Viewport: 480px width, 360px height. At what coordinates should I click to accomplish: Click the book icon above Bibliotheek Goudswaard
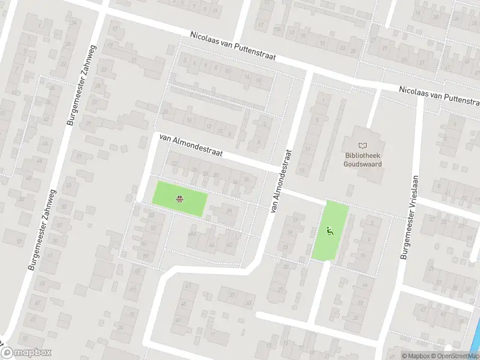(x=362, y=145)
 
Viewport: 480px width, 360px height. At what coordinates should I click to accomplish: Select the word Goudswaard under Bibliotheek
(x=362, y=163)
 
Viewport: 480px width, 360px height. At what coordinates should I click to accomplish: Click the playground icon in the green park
(x=179, y=199)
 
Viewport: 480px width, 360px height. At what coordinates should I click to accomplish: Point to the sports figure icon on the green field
(x=329, y=231)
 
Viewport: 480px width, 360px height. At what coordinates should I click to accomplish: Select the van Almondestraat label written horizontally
(x=191, y=145)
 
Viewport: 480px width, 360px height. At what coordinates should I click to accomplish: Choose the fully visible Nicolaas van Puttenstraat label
(x=232, y=46)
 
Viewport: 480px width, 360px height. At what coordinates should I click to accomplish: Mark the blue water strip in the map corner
(x=475, y=344)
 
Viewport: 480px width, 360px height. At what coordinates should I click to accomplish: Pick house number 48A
(x=192, y=233)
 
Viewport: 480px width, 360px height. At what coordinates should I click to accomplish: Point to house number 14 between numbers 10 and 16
(x=246, y=77)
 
